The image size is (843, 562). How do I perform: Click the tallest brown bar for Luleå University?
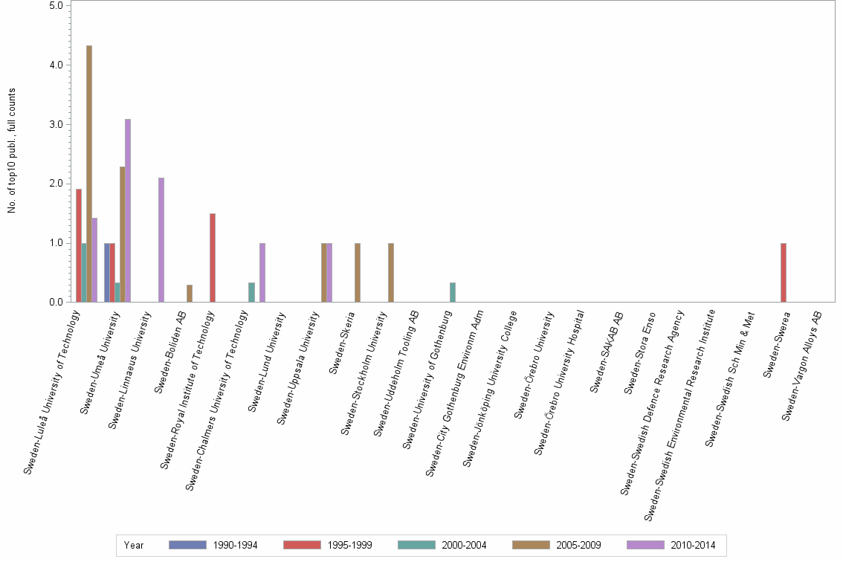(x=89, y=174)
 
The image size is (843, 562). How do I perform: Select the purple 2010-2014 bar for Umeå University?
(x=128, y=210)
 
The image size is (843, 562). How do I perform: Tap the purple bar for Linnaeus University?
(x=161, y=240)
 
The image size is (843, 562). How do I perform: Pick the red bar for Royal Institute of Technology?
(x=213, y=258)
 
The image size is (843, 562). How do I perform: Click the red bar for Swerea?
(x=784, y=273)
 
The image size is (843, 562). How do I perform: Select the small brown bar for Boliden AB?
(x=190, y=294)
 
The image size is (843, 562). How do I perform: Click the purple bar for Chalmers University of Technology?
(x=262, y=273)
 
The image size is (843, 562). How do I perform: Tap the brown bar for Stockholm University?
(x=391, y=273)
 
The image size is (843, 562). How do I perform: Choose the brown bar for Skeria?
(x=358, y=273)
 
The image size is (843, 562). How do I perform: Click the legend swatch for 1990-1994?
(x=187, y=545)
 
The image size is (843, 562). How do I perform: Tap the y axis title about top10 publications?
(x=12, y=151)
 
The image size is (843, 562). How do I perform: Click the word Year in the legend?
(x=135, y=545)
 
